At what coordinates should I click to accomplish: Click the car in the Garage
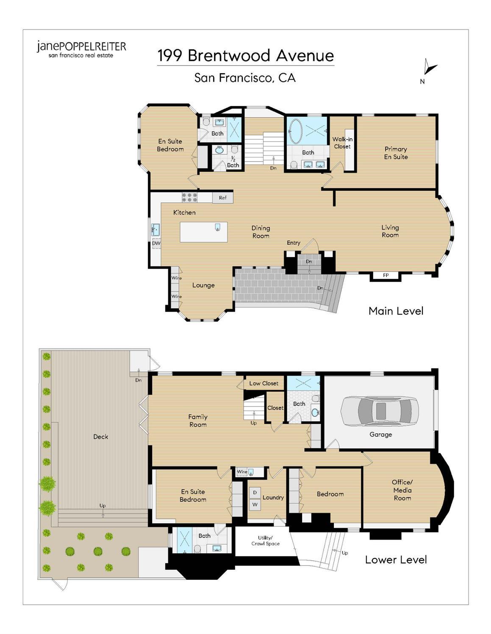point(380,411)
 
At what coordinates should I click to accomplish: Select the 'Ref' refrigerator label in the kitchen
point(222,198)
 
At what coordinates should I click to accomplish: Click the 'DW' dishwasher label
point(156,243)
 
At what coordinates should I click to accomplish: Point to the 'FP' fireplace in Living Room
point(386,275)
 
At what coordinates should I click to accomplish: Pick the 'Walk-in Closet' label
point(342,143)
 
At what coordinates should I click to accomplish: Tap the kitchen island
point(203,232)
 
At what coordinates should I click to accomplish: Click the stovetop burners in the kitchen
point(189,197)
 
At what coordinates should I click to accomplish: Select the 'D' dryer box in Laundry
point(255,493)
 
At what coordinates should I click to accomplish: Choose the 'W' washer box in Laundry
point(255,504)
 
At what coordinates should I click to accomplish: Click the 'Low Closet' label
point(264,383)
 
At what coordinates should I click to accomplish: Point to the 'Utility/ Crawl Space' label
point(265,541)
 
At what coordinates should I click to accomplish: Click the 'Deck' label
point(100,436)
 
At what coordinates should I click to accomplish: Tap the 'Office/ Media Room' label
point(402,490)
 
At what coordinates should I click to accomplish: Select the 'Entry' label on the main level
point(293,243)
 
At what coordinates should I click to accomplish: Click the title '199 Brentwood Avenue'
point(245,55)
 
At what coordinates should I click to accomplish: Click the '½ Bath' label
point(233,162)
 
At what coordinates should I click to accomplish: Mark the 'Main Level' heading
point(396,311)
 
